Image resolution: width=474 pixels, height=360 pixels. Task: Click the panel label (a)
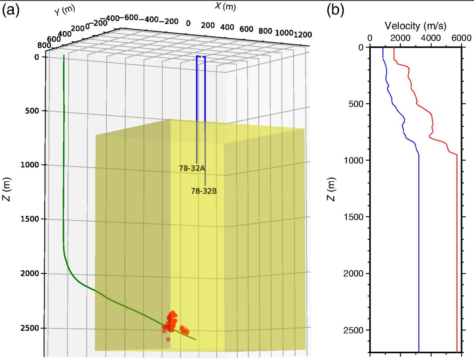pos(11,11)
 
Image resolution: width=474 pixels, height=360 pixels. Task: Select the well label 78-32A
pos(191,168)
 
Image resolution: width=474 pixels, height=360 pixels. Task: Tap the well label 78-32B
pos(204,191)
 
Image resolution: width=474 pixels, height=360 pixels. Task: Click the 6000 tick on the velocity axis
pos(461,38)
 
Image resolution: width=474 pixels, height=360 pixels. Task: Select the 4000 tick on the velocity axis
pos(431,38)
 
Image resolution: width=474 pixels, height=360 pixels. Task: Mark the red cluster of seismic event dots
pos(172,322)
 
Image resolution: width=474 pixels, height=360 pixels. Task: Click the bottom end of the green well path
pos(195,339)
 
